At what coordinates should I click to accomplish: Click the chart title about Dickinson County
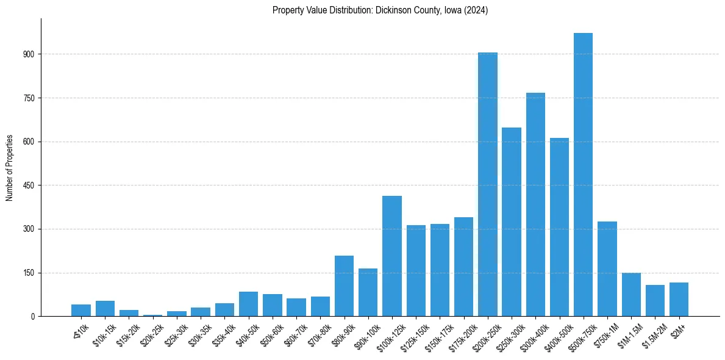point(380,10)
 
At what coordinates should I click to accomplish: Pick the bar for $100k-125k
point(392,256)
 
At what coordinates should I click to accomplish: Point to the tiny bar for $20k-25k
point(153,315)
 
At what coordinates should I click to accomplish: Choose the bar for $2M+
point(679,300)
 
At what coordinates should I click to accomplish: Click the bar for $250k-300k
point(512,222)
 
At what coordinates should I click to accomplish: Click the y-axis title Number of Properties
point(10,168)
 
